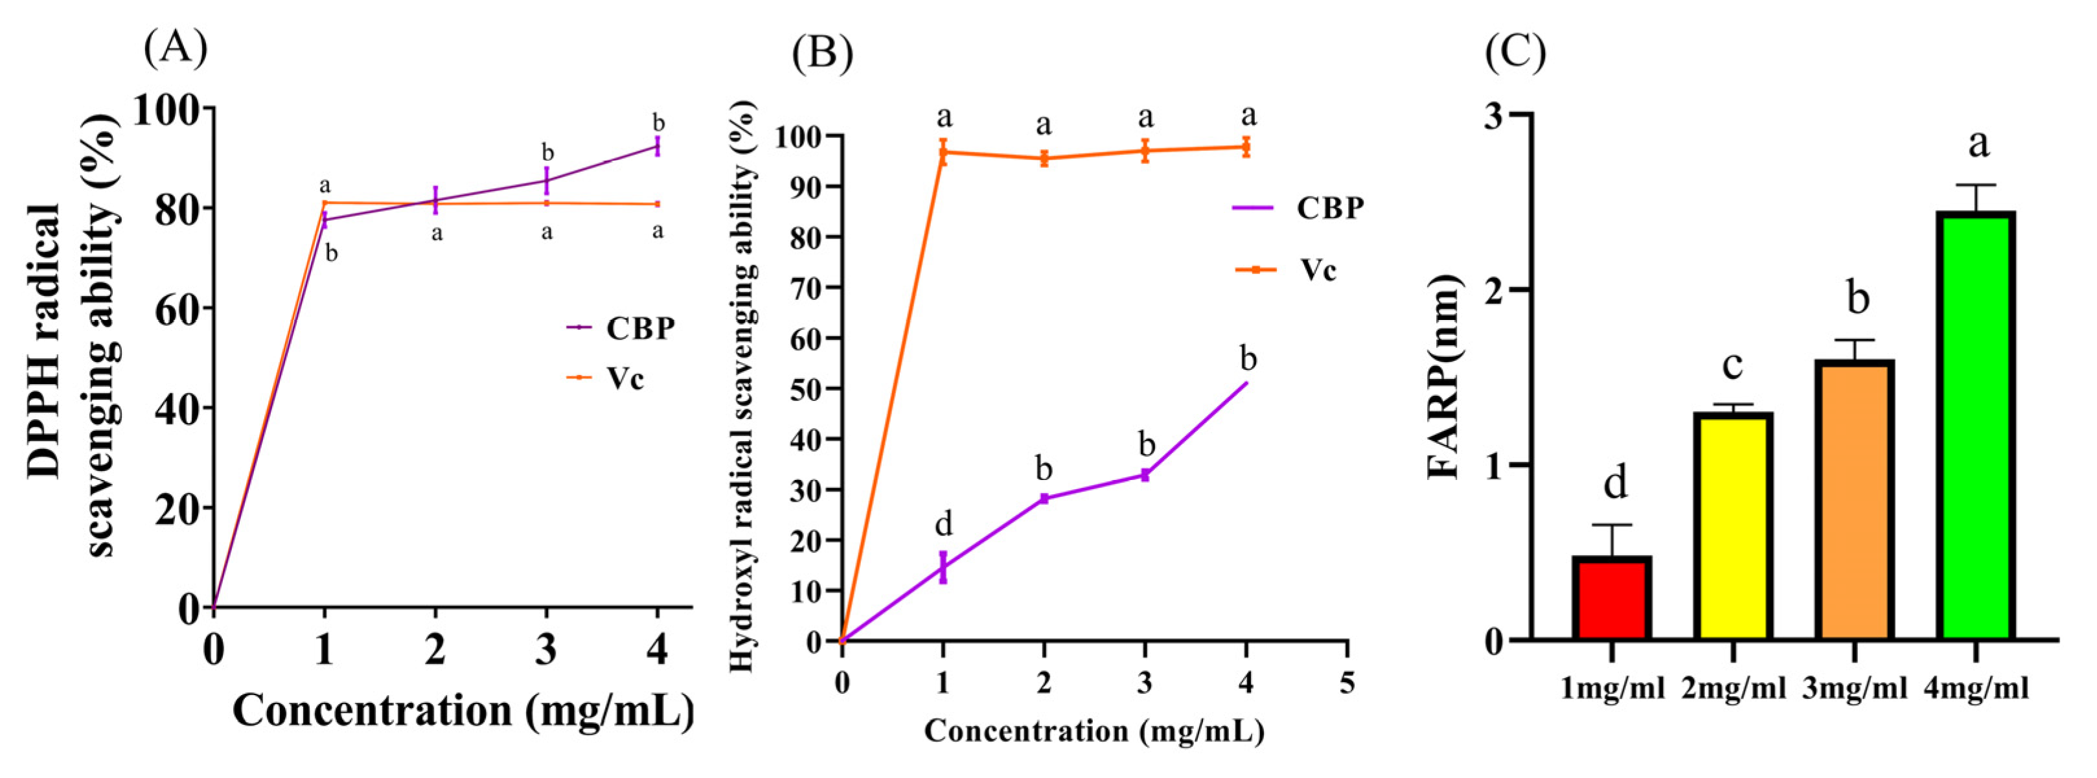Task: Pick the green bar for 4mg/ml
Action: [1976, 425]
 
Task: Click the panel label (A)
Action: [175, 49]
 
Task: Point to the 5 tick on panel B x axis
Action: [1347, 682]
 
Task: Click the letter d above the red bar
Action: [1615, 483]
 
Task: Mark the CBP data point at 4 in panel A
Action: [657, 146]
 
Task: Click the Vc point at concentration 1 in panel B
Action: [943, 152]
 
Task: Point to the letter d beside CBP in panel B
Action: [943, 523]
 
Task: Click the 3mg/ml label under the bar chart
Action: [1855, 689]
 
